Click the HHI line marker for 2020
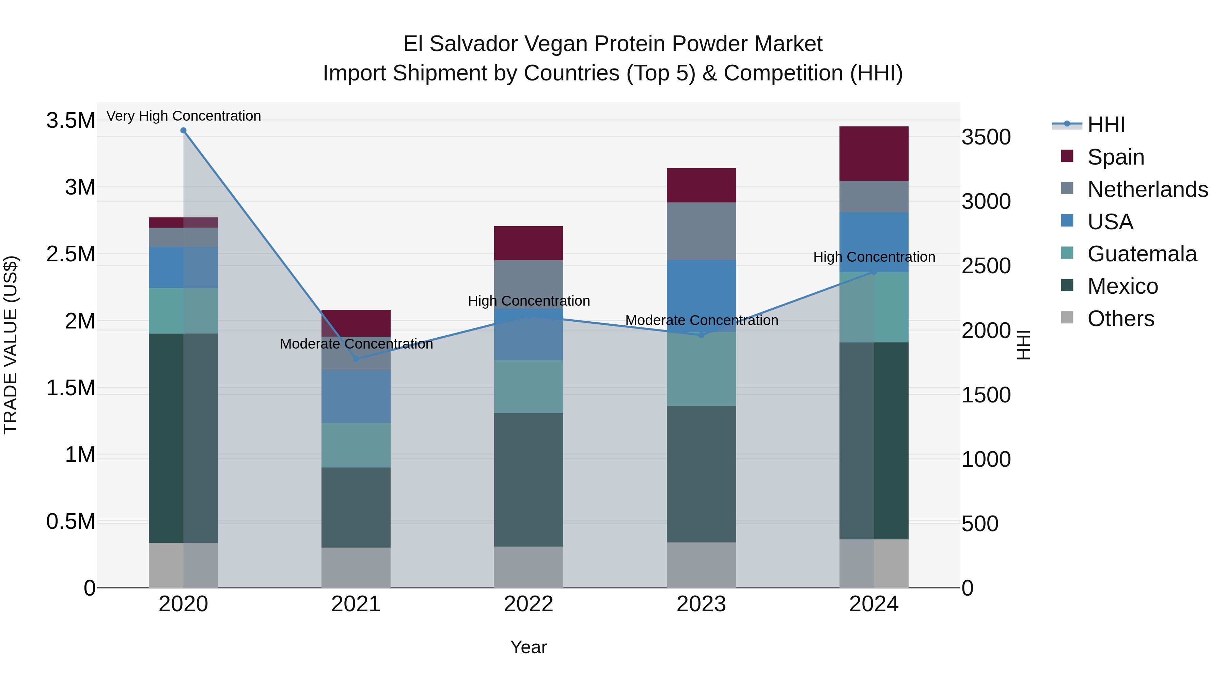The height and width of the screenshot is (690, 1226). [183, 131]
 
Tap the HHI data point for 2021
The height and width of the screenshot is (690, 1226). [356, 358]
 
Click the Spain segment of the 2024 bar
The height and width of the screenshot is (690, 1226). [874, 153]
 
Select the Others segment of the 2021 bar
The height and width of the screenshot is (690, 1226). [356, 567]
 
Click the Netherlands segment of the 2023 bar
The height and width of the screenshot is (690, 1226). [701, 231]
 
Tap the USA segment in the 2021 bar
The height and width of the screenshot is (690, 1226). [356, 396]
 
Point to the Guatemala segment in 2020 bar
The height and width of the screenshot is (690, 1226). [183, 310]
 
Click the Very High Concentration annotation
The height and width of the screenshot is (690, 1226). [183, 116]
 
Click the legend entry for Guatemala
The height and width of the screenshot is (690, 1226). [1141, 254]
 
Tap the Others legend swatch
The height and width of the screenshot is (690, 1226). [1067, 318]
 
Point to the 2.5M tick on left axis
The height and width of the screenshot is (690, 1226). [70, 254]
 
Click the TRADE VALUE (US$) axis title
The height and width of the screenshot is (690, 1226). [11, 345]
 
